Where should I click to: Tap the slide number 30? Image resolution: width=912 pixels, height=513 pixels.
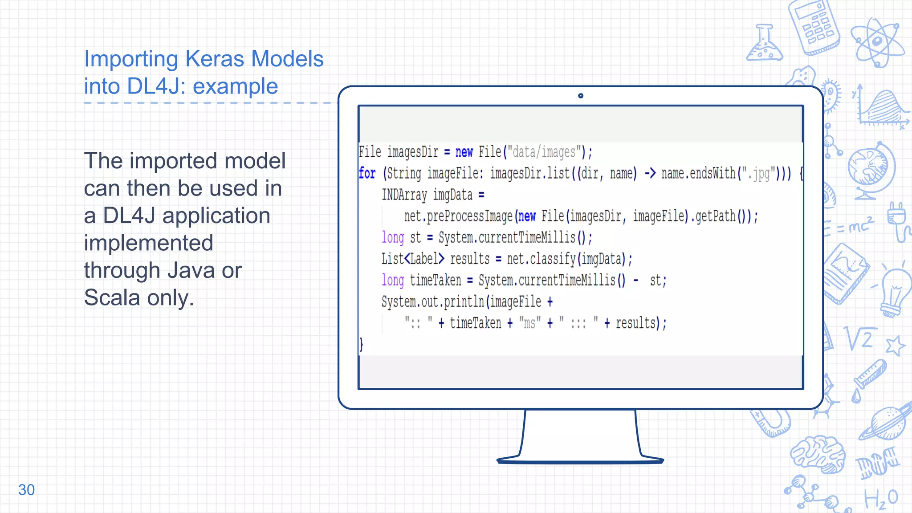[26, 490]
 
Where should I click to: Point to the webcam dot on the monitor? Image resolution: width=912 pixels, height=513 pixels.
[580, 96]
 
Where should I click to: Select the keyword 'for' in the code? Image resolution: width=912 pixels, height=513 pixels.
[367, 173]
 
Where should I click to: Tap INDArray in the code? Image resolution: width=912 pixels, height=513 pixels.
[404, 195]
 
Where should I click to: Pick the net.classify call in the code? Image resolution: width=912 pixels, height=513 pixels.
[566, 259]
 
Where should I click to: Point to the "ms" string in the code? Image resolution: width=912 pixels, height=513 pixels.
[529, 323]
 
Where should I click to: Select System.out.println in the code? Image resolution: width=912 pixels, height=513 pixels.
[432, 302]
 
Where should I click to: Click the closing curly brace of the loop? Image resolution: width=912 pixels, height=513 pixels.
[361, 344]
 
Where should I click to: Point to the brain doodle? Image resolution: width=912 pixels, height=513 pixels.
[818, 453]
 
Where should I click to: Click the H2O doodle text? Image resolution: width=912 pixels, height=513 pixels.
[881, 498]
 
